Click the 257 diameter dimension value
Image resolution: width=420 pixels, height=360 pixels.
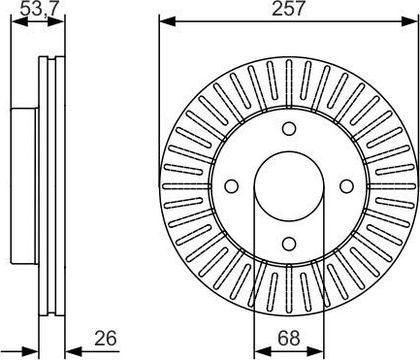click(x=288, y=8)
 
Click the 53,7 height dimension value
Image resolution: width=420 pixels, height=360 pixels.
click(x=37, y=8)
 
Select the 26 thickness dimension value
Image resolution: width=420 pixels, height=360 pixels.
click(x=105, y=338)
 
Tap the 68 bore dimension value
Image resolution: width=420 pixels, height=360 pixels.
click(x=289, y=338)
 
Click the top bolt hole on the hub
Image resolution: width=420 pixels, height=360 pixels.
click(x=289, y=129)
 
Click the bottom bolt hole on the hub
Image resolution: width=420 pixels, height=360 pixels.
click(x=289, y=243)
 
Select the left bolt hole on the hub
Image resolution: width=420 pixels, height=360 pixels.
click(x=231, y=186)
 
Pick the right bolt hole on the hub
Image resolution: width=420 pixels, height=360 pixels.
click(x=347, y=186)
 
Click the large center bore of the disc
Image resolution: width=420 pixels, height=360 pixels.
click(x=289, y=186)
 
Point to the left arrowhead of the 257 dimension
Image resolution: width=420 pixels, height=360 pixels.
click(x=167, y=22)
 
